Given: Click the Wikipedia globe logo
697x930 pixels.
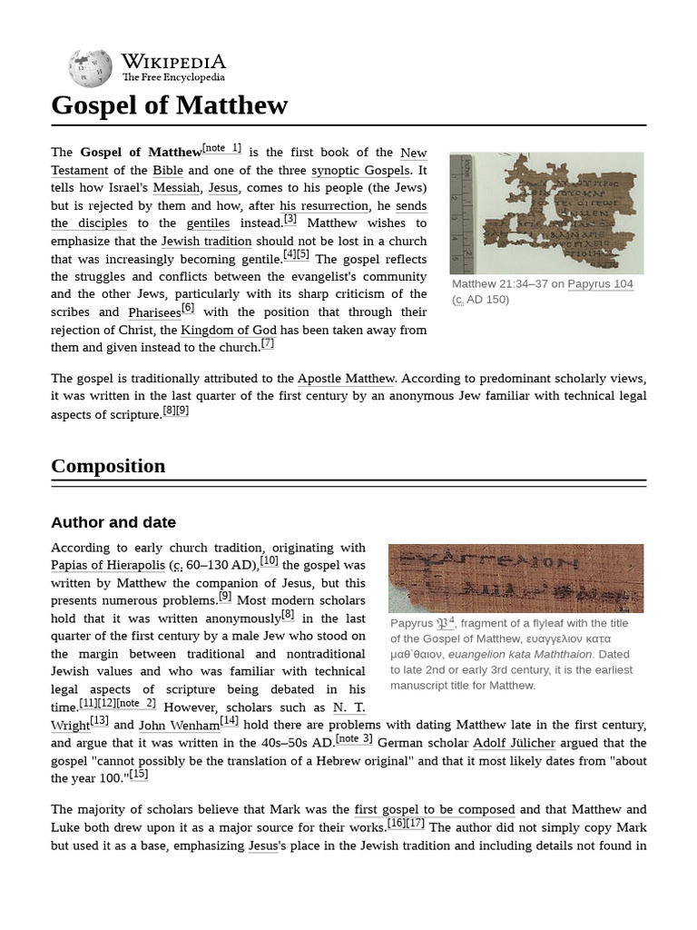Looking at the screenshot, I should pyautogui.click(x=90, y=69).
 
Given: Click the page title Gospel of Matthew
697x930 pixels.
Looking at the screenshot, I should pyautogui.click(x=169, y=105).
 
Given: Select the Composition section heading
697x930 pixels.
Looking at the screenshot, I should pyautogui.click(x=108, y=466).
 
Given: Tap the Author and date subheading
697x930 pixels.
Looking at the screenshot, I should pyautogui.click(x=113, y=522).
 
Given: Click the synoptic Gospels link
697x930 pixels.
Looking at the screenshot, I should pyautogui.click(x=361, y=171).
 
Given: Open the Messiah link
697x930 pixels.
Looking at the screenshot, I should pyautogui.click(x=176, y=188).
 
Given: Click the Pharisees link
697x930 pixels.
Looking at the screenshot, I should pyautogui.click(x=154, y=312).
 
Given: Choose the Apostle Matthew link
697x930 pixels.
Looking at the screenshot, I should pyautogui.click(x=346, y=379).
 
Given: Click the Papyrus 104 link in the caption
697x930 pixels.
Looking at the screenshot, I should pyautogui.click(x=600, y=284).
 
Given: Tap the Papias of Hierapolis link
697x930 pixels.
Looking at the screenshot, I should pyautogui.click(x=108, y=565).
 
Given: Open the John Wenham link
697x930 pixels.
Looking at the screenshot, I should pyautogui.click(x=179, y=725).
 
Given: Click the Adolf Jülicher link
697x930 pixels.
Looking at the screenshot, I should pyautogui.click(x=514, y=743).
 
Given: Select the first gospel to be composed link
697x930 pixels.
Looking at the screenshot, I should pyautogui.click(x=435, y=809).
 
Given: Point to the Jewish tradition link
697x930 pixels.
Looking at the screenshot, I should pyautogui.click(x=206, y=242).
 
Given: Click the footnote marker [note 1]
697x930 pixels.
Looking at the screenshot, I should pyautogui.click(x=221, y=148).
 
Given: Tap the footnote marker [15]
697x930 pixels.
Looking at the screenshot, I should pyautogui.click(x=139, y=774).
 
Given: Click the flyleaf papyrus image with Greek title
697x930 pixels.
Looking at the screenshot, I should pyautogui.click(x=515, y=578).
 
